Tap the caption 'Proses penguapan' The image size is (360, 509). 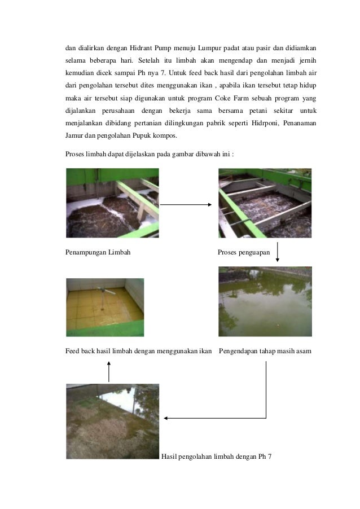coord(244,252)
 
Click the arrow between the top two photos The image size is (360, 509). coord(186,205)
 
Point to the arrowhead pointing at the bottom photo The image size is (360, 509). coord(166,418)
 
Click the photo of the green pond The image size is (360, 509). coord(265,301)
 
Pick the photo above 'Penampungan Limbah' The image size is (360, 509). coord(112,203)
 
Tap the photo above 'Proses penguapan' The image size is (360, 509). coord(265,203)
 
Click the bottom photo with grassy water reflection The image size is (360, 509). coord(112,420)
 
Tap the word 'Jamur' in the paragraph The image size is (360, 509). coord(74,136)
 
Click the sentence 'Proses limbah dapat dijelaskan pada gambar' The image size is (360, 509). coord(140,153)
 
